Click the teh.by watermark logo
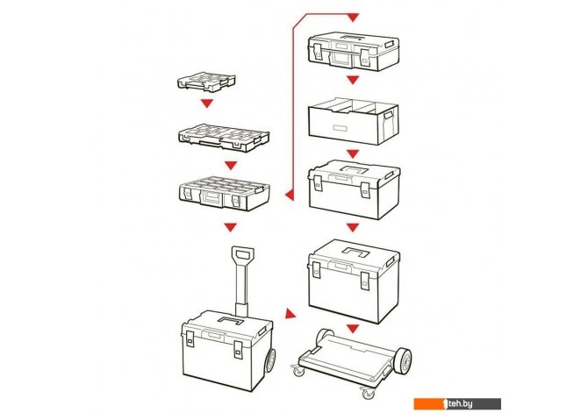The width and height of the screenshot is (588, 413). point(457,403)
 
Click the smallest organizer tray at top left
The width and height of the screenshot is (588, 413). point(206,82)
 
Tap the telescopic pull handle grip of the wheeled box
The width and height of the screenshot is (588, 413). point(243,253)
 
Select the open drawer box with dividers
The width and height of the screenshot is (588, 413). point(354,122)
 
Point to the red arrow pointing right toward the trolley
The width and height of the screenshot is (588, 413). point(290,314)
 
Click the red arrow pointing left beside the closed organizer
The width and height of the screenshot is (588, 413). point(289,195)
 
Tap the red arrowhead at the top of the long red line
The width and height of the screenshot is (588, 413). point(353,18)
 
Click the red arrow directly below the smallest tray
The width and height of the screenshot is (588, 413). point(207,103)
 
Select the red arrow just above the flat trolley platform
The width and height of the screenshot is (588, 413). point(353,329)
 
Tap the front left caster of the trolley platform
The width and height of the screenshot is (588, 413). point(299,372)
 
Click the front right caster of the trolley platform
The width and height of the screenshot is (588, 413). point(367,393)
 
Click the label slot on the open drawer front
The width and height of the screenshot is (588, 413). point(341,128)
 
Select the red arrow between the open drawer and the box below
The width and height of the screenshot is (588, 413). point(353,153)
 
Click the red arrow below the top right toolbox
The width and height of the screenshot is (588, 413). point(353,80)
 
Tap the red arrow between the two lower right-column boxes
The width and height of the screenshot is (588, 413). point(353,227)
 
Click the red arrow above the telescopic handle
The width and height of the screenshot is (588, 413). point(231,227)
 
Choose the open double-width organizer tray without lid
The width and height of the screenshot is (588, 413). point(224,138)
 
